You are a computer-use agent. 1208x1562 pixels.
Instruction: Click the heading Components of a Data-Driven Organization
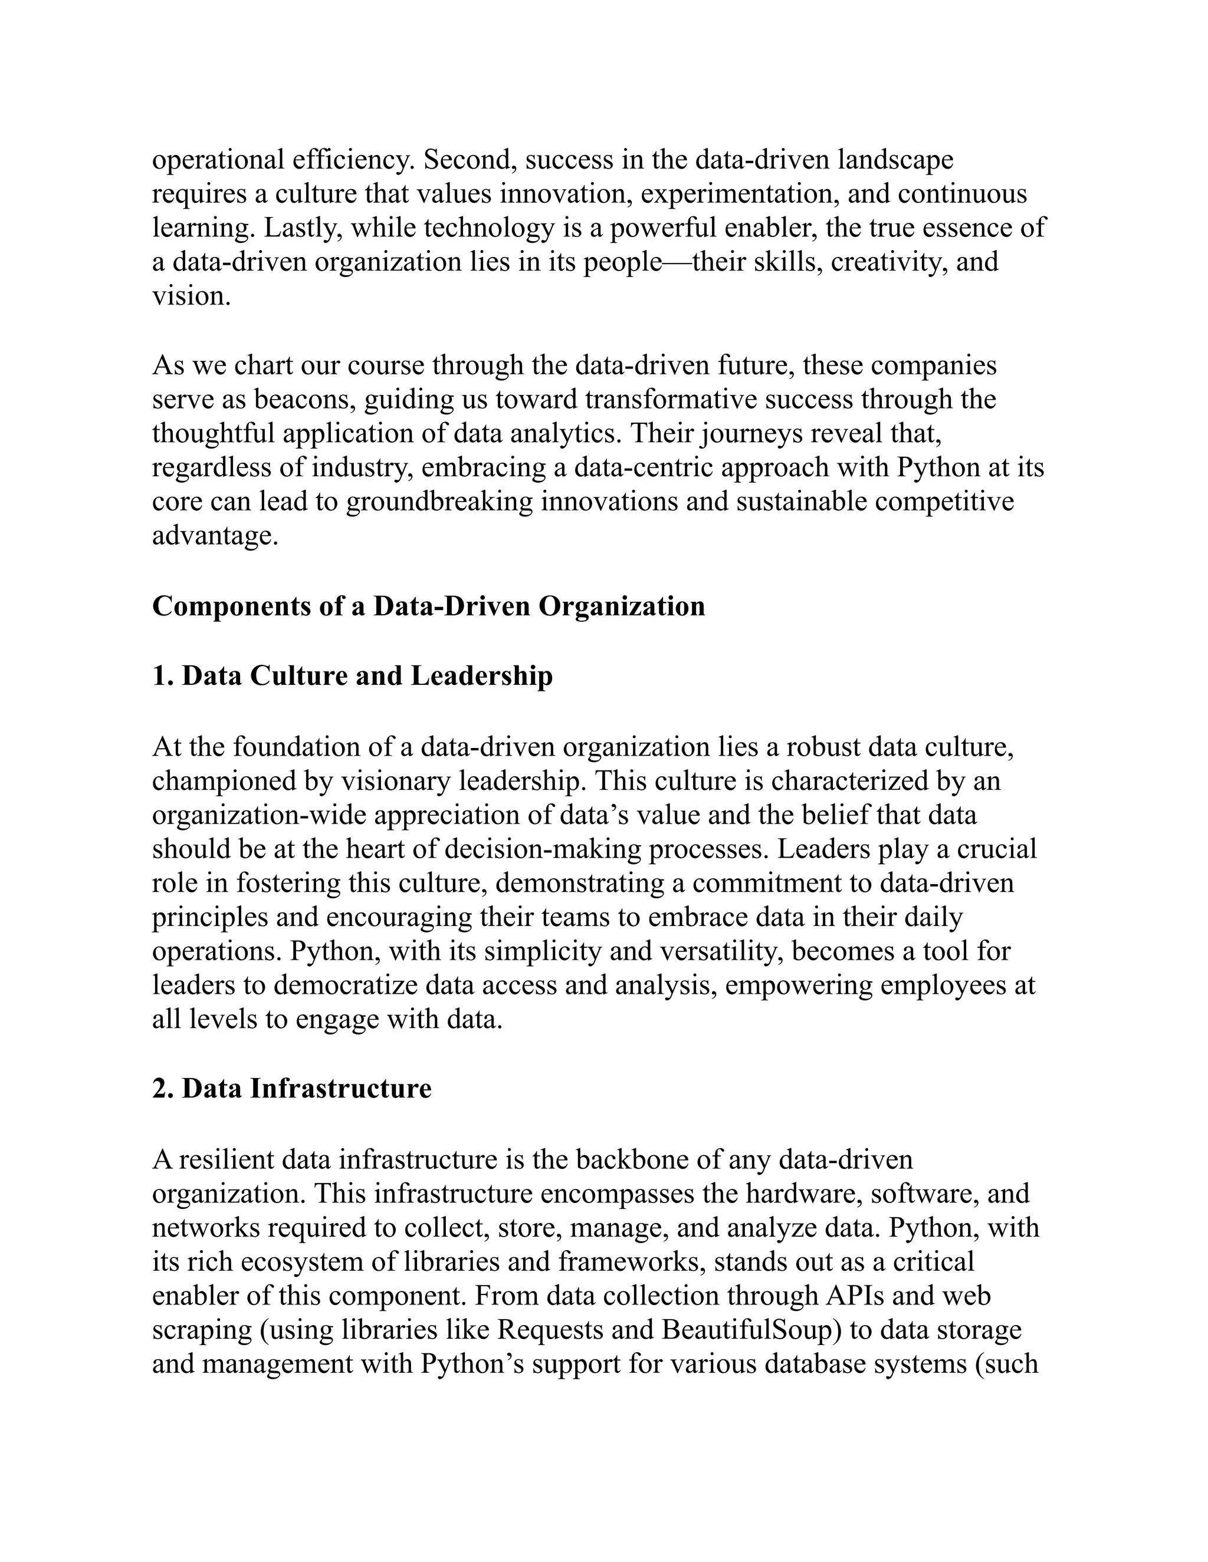click(428, 607)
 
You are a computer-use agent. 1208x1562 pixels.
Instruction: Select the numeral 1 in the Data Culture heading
click(159, 676)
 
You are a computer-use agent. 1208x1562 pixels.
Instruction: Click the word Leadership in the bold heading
click(482, 676)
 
